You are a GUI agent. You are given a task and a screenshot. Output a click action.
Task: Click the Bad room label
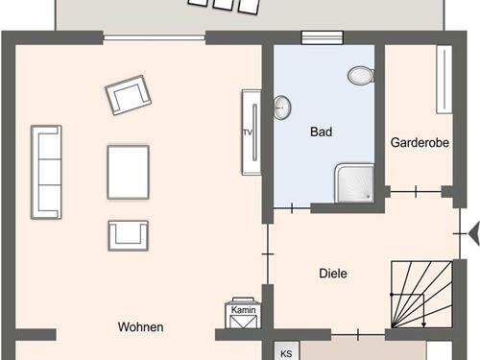tap(321, 132)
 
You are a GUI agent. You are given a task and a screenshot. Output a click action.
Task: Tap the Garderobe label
tap(420, 143)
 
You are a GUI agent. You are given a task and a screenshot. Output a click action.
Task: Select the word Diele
tap(333, 274)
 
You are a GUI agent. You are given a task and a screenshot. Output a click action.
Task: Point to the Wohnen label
tap(140, 327)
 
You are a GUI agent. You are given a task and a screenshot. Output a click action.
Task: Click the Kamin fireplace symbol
tap(243, 313)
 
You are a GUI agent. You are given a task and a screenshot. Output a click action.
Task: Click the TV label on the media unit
tap(248, 132)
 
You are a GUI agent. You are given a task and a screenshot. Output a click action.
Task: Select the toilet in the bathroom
tap(361, 76)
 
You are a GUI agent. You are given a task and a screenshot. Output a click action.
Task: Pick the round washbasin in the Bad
tap(282, 108)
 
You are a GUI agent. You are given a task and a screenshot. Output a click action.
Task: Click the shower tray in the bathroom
tap(354, 183)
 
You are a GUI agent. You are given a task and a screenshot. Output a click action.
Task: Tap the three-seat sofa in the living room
tap(46, 172)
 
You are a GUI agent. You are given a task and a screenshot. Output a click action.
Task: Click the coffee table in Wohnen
tap(128, 172)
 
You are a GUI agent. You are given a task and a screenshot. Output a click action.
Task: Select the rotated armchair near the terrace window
tap(128, 95)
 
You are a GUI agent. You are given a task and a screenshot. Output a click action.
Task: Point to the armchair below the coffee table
tap(128, 236)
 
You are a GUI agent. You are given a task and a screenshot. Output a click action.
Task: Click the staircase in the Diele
tap(421, 295)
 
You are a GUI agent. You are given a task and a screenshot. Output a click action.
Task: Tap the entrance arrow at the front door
tap(474, 234)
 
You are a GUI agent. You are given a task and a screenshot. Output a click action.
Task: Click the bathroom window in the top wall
tap(323, 37)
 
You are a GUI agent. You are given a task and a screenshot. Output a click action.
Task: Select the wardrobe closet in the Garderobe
tap(444, 80)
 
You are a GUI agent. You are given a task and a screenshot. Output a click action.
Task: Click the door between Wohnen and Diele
tap(268, 254)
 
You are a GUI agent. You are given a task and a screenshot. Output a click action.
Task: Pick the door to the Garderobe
tap(416, 192)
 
